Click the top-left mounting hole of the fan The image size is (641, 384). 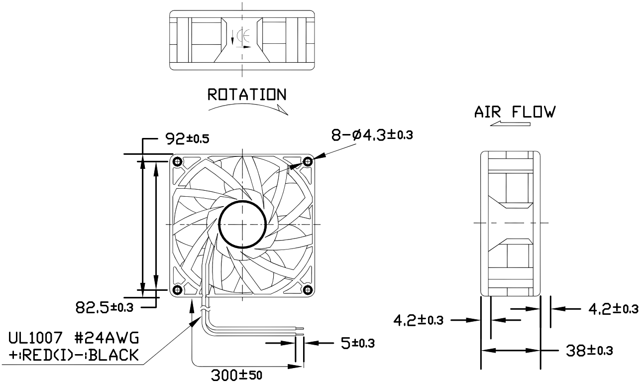click(x=177, y=161)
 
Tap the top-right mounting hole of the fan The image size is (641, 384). click(x=308, y=161)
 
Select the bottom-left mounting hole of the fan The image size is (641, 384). click(x=177, y=290)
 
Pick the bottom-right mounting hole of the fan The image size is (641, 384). click(x=308, y=290)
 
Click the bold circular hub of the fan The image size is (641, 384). click(x=242, y=225)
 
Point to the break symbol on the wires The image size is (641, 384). click(x=204, y=311)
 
